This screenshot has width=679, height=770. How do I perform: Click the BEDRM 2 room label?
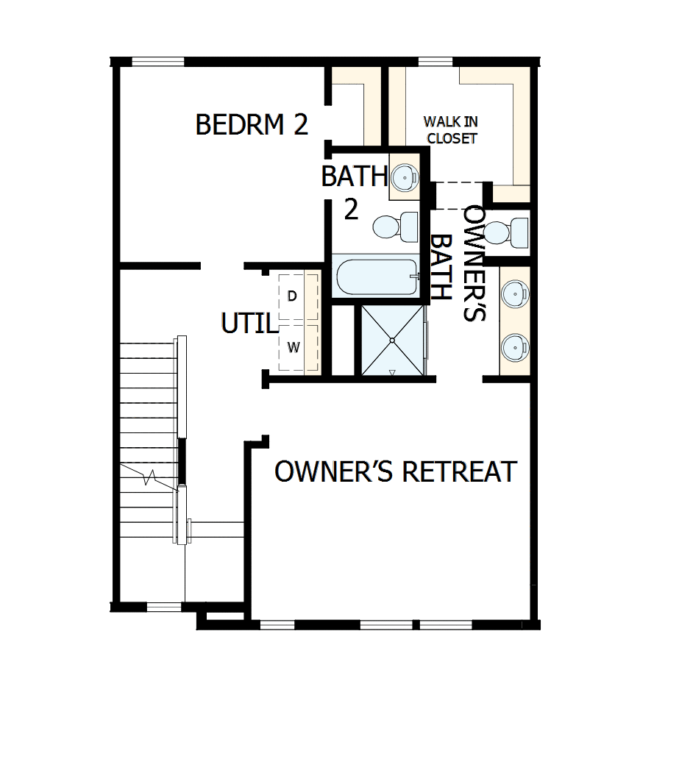point(251,124)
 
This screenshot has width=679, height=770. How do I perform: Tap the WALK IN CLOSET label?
point(450,129)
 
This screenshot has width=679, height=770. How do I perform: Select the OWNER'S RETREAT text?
point(396,471)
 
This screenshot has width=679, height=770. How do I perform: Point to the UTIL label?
point(249,324)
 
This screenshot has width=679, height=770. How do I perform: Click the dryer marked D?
point(293,296)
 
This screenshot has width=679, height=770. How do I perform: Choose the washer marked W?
point(293,346)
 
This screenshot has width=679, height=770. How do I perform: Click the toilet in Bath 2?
point(394,226)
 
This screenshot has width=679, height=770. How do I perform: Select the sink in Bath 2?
point(404,177)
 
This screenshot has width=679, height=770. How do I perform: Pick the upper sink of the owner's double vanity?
point(514,293)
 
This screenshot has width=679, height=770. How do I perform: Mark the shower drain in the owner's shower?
point(393,341)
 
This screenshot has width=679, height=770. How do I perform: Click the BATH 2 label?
point(353,191)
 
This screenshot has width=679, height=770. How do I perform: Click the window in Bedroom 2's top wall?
point(158,61)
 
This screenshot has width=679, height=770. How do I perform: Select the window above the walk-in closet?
point(430,61)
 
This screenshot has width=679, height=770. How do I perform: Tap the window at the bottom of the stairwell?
point(163,607)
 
